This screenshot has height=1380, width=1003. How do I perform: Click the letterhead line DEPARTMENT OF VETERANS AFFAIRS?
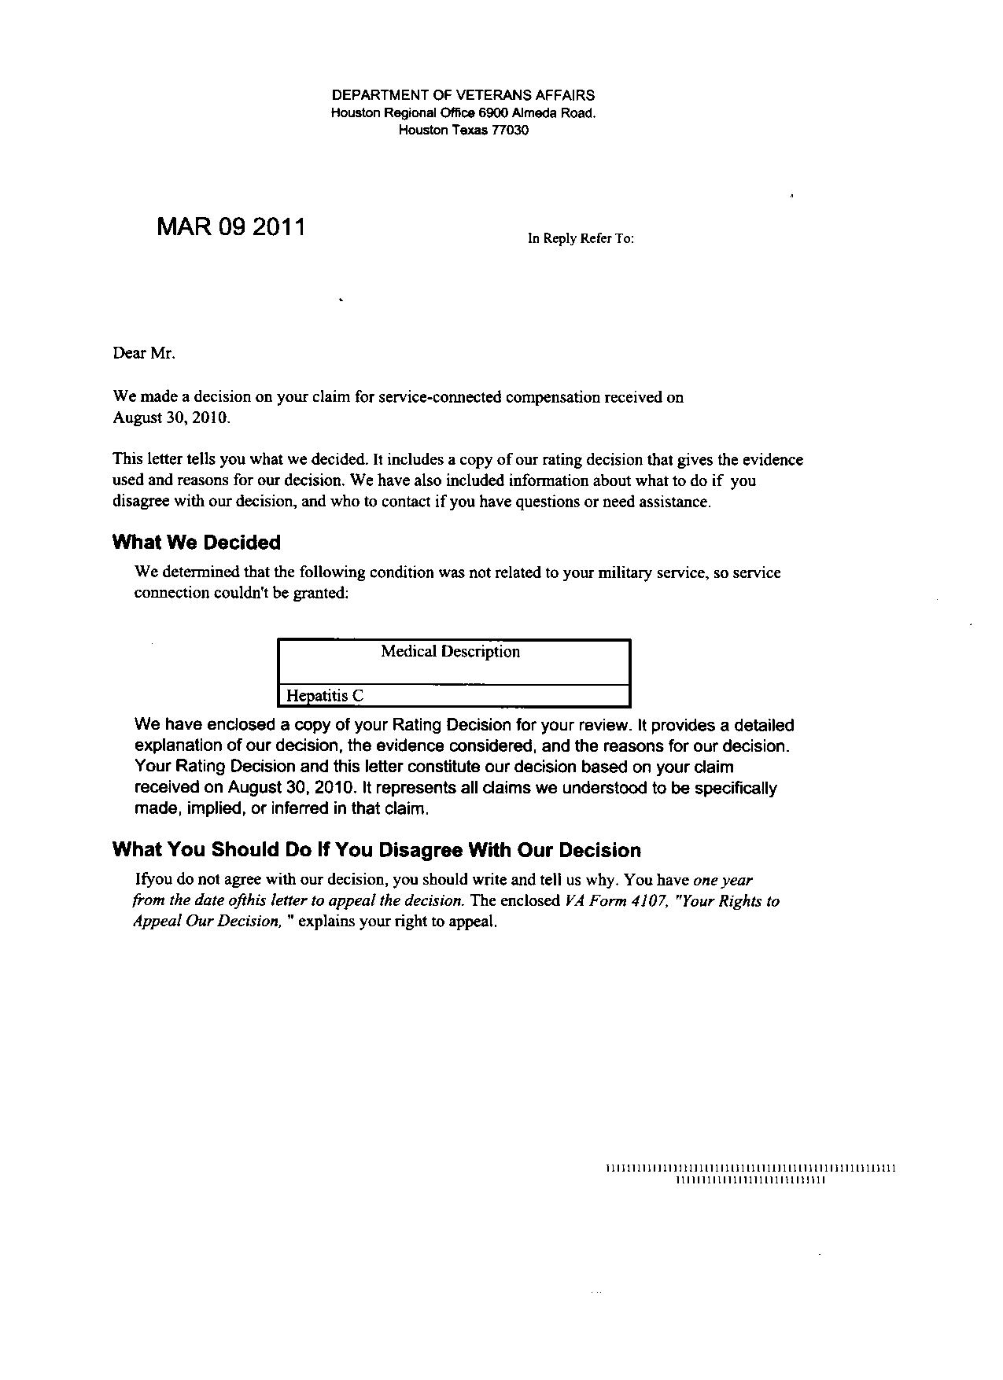(463, 95)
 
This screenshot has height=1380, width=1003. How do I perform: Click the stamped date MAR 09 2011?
(231, 227)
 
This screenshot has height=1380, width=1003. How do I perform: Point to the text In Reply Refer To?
(581, 238)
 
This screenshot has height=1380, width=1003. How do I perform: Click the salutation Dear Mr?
(144, 353)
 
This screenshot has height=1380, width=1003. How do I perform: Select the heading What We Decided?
(197, 543)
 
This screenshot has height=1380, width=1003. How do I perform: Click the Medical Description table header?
(450, 652)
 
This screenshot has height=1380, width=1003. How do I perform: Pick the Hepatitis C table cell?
(325, 696)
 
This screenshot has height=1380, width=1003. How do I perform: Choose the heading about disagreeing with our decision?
(377, 850)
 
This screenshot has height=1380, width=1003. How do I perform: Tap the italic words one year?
(723, 880)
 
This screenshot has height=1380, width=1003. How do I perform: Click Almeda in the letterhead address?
(535, 113)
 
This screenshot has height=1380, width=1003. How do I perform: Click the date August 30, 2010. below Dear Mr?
(172, 418)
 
